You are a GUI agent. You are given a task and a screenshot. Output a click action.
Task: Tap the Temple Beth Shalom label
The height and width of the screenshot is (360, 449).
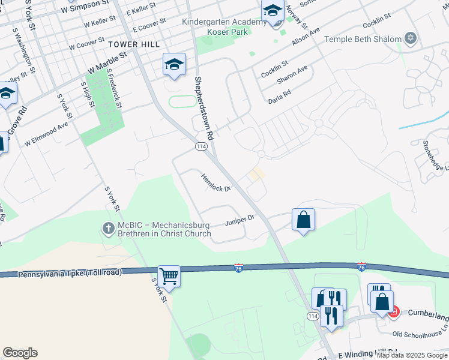click(x=363, y=39)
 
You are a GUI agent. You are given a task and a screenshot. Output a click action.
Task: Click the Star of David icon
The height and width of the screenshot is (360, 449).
click(x=411, y=38)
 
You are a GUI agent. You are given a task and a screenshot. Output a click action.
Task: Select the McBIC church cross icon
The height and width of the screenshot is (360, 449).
click(x=108, y=228)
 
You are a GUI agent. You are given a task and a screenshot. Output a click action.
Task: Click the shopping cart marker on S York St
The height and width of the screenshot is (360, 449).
click(x=169, y=277)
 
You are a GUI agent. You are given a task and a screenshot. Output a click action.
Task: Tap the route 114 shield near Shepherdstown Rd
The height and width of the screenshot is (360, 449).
click(x=200, y=146)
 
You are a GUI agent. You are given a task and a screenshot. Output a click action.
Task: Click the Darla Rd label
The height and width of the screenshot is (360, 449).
click(x=279, y=95)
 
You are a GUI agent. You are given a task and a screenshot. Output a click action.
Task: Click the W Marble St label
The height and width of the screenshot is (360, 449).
click(x=108, y=61)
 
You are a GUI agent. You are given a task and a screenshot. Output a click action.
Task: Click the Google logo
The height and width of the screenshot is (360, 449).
click(x=20, y=353)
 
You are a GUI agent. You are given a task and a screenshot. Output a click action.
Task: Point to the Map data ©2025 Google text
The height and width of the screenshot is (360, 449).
click(x=412, y=355)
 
